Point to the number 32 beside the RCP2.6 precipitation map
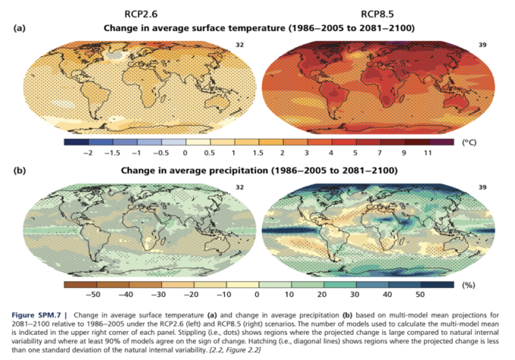pos(242,186)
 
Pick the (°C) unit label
pos(470,142)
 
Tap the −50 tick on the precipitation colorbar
pos(95,294)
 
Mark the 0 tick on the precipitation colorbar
pos(257,294)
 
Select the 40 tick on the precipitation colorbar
pos(387,294)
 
